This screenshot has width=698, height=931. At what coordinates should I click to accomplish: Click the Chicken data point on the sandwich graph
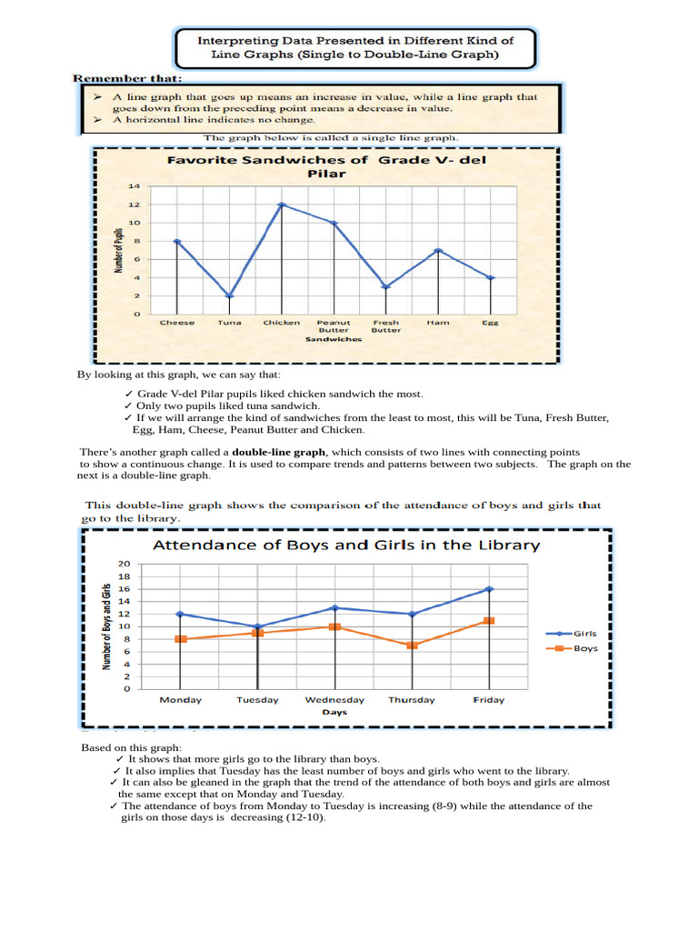pos(282,205)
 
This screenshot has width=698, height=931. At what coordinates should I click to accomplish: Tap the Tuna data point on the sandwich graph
pos(229,295)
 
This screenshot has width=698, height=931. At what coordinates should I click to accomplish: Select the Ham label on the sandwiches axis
pos(437,322)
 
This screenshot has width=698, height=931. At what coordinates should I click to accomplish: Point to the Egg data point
pos(491,277)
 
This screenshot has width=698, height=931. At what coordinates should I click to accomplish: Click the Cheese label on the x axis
pos(177,322)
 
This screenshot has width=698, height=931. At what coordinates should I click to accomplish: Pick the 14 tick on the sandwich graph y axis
pos(134,186)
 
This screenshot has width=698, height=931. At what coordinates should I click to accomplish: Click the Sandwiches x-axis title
pos(334,339)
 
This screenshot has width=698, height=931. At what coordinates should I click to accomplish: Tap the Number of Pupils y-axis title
pos(117,250)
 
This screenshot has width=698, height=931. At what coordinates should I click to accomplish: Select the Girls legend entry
pos(584,633)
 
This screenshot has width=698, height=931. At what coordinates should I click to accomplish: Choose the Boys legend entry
pos(584,648)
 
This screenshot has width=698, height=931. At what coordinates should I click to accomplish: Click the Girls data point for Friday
pos(489,589)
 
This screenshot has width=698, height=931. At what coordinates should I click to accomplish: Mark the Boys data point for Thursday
pos(412,645)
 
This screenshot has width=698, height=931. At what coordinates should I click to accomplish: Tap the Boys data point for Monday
pos(180,639)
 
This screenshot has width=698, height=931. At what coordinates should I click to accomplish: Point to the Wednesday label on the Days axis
pos(334,700)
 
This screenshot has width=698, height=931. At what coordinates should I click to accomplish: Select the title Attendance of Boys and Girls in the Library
pos(345,546)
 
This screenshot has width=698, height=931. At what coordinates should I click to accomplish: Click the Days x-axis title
pos(334,713)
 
